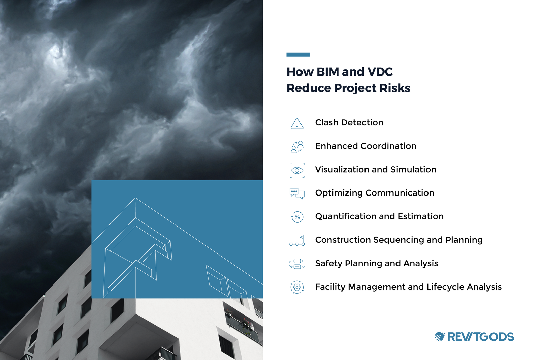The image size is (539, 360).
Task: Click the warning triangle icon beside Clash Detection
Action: click(x=297, y=123)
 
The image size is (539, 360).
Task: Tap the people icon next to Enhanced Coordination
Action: click(x=297, y=147)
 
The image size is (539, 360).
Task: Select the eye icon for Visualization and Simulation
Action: click(x=297, y=170)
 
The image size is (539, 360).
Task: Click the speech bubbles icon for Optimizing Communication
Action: click(x=297, y=193)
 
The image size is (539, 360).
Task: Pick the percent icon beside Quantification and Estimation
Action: click(x=297, y=217)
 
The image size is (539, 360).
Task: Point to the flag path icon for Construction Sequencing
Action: click(x=297, y=241)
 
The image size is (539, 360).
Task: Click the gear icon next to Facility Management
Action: click(x=297, y=287)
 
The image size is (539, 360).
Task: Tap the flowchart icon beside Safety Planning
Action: click(x=297, y=264)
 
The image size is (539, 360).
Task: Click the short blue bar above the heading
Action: click(x=298, y=54)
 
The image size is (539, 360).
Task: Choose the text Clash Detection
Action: click(x=349, y=122)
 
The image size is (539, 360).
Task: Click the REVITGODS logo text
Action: click(x=480, y=337)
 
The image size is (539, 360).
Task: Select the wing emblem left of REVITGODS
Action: click(x=440, y=336)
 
